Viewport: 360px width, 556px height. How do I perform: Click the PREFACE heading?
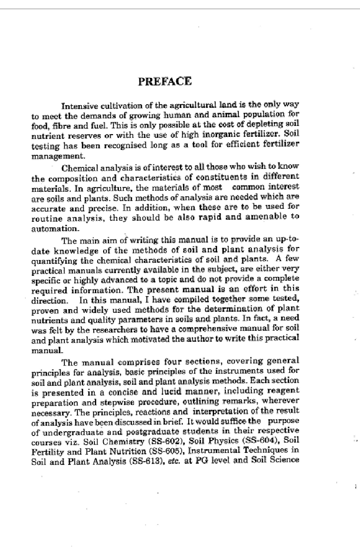tap(164, 82)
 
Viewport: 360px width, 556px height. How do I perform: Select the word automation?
tap(52, 227)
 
